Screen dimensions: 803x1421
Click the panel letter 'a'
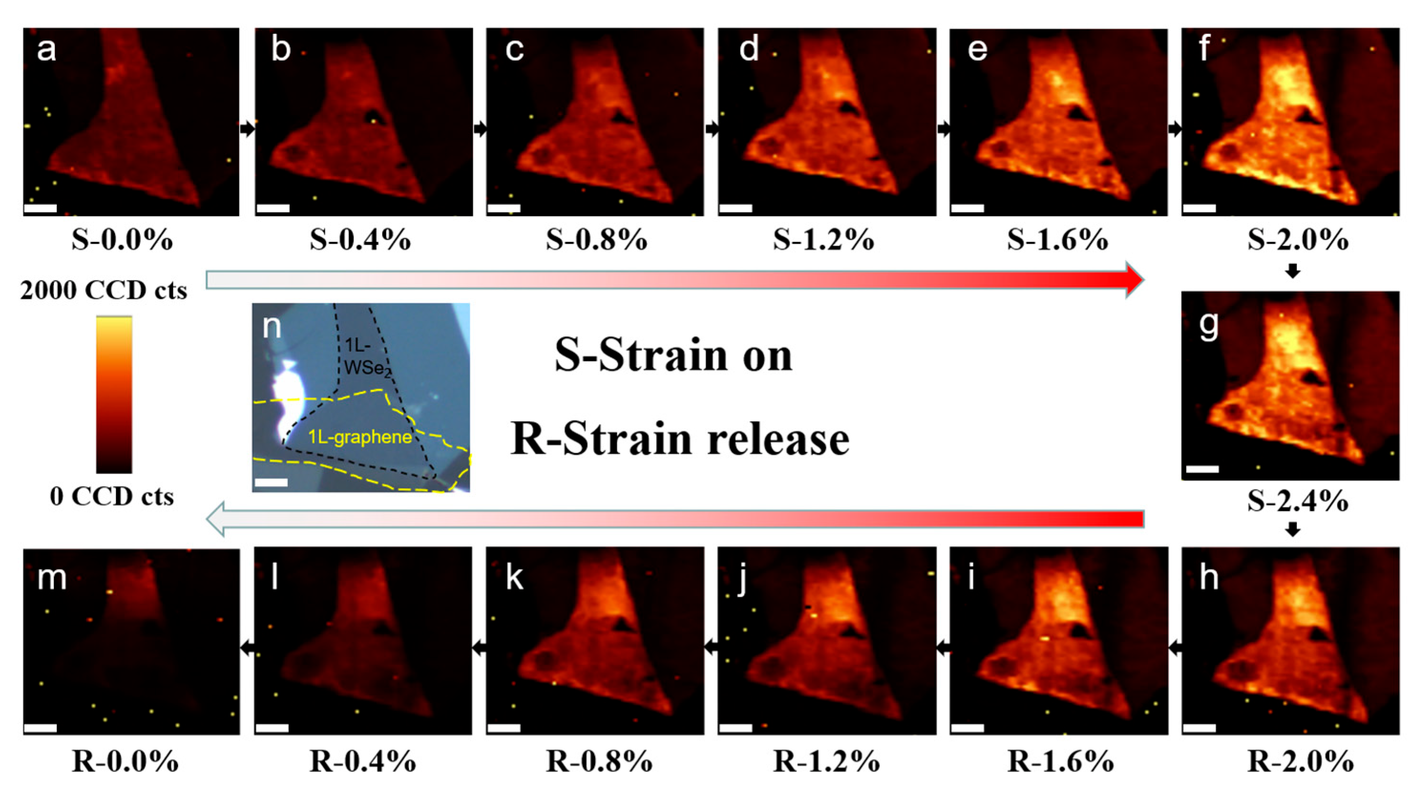click(x=46, y=50)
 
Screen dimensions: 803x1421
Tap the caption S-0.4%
click(x=360, y=240)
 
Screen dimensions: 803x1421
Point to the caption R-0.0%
click(x=125, y=761)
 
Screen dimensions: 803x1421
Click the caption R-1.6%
click(x=1060, y=761)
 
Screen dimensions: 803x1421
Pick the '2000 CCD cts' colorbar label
click(x=104, y=290)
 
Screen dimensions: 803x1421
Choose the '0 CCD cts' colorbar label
click(x=112, y=496)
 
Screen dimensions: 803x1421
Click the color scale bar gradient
click(x=114, y=394)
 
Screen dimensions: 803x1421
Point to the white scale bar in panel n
click(x=271, y=482)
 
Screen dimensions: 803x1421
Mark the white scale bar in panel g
click(x=1202, y=469)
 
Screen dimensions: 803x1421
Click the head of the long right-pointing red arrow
click(x=1133, y=280)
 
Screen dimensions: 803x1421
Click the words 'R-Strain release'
click(x=679, y=439)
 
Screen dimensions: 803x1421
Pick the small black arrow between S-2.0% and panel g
click(x=1293, y=271)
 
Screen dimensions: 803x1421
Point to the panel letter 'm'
click(x=52, y=578)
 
